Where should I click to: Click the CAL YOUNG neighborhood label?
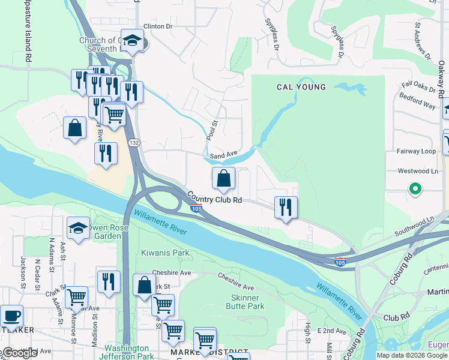(x=301, y=87)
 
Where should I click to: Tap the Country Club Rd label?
(x=214, y=198)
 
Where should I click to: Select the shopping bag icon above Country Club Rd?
(x=223, y=178)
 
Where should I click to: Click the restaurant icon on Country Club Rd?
(x=286, y=208)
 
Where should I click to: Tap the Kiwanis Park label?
(x=165, y=253)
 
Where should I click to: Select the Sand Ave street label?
(x=224, y=155)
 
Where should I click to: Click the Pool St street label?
(x=212, y=128)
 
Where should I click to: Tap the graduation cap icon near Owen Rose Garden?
(x=78, y=228)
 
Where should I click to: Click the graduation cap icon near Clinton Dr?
(x=132, y=40)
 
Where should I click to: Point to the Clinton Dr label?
(x=158, y=26)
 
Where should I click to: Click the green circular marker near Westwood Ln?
(x=415, y=190)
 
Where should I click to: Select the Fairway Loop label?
(x=416, y=151)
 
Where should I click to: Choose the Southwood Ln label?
(x=414, y=226)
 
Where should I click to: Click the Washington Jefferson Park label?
(x=127, y=352)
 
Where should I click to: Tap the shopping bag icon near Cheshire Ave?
(x=144, y=285)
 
